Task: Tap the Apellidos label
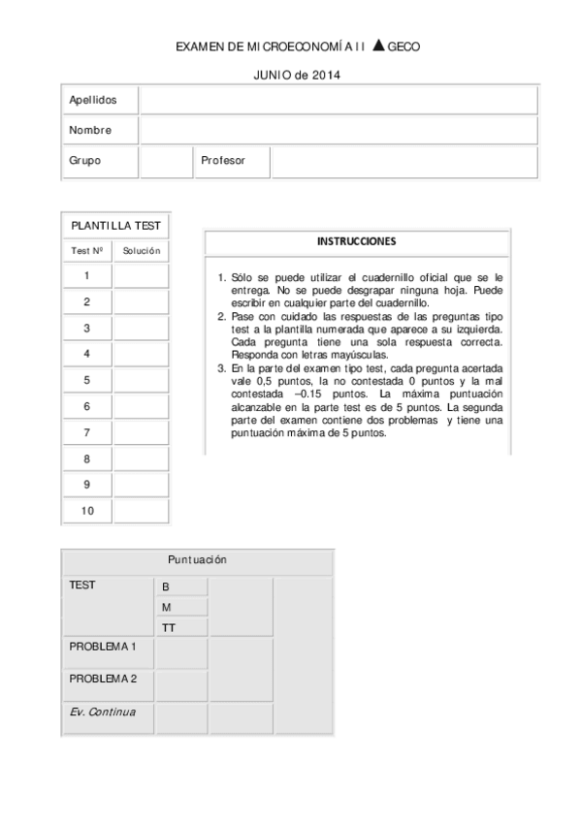pos(93,101)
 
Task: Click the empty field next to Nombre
pos(338,130)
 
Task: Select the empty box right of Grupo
pos(166,161)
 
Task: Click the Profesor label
pos(223,161)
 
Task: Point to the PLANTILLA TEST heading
pos(115,226)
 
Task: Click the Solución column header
pos(141,250)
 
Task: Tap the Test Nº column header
pos(87,250)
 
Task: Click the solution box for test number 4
pos(141,355)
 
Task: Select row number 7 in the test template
pos(87,433)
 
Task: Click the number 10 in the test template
pos(87,512)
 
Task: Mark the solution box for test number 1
pos(141,276)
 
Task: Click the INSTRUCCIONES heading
pos(357,241)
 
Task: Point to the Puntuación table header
pos(197,560)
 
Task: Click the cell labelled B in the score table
pos(181,587)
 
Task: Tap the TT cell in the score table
pos(181,627)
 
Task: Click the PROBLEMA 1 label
pos(103,647)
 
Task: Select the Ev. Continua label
pos(103,712)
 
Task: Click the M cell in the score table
pos(181,608)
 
